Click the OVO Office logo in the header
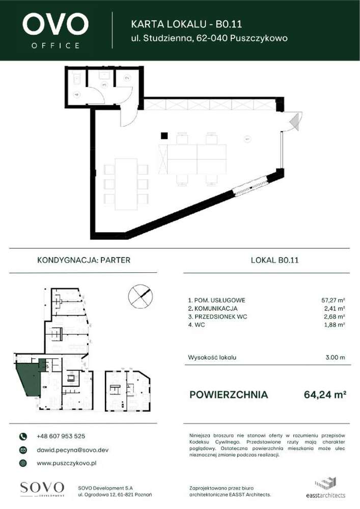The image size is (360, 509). tap(56, 30)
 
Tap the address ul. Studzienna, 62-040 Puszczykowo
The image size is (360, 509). tap(209, 38)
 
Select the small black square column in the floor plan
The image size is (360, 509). tap(164, 135)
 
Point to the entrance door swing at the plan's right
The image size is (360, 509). tap(294, 122)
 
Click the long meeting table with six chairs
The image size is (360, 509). tap(126, 184)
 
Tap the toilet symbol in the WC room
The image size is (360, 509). tap(77, 78)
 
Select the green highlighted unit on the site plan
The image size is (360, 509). tap(29, 382)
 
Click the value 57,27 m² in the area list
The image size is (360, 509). tap(334, 300)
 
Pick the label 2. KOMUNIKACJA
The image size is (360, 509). tap(212, 308)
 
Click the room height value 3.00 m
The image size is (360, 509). tap(335, 357)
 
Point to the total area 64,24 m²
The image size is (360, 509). tap(325, 394)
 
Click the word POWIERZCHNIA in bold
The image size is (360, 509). tap(228, 394)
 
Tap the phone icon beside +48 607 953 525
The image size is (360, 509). tap(23, 436)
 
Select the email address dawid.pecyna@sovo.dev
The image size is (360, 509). tap(72, 450)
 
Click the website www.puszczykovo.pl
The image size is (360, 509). tap(67, 463)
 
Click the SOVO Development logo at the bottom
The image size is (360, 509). tap(42, 488)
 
